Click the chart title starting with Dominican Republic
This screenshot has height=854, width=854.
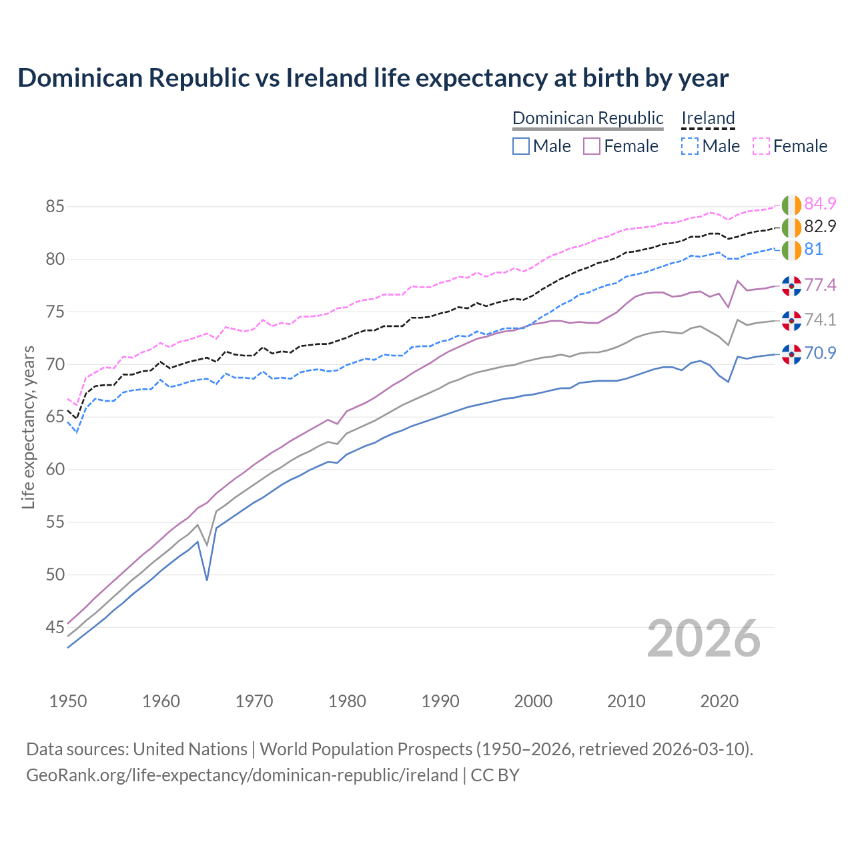(x=373, y=78)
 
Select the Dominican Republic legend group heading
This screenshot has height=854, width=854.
(x=588, y=118)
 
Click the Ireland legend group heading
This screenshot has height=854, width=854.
(x=708, y=118)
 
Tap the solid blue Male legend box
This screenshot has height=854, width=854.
(x=521, y=146)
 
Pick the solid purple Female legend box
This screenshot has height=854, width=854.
(x=592, y=146)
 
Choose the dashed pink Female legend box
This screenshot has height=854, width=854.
(x=761, y=146)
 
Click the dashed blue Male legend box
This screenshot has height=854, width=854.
(x=690, y=146)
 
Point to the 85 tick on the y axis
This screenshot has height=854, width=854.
(x=55, y=207)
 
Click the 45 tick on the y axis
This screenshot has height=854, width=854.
(x=55, y=627)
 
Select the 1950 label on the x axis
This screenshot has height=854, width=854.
(x=68, y=701)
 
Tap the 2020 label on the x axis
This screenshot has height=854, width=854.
(x=719, y=701)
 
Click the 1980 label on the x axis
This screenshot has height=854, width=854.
(x=347, y=701)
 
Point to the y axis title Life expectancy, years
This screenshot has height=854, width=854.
(x=28, y=427)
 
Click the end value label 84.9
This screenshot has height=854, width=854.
(x=820, y=203)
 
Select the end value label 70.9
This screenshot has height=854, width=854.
(x=820, y=353)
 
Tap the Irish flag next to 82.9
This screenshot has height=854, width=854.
(x=791, y=228)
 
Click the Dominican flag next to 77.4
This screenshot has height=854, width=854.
(x=791, y=286)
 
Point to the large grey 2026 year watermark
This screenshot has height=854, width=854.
(x=703, y=638)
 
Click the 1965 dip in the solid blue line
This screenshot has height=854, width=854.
(x=207, y=579)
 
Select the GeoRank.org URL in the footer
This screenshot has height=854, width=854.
(x=242, y=775)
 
